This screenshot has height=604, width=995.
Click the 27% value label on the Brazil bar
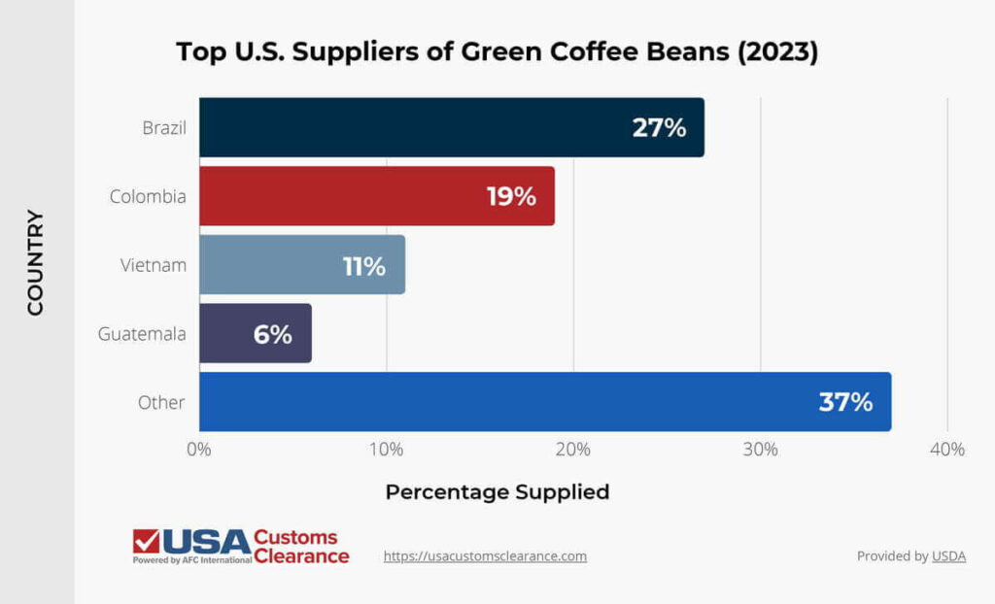(659, 127)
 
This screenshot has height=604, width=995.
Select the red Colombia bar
(377, 196)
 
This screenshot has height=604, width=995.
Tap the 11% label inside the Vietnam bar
(363, 265)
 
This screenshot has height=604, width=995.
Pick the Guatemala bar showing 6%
(256, 334)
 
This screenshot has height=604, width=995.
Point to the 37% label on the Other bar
(845, 402)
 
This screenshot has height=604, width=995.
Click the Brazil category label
(163, 127)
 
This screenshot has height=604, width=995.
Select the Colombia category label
(148, 196)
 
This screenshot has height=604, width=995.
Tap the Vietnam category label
(154, 265)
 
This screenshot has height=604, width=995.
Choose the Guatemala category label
(142, 334)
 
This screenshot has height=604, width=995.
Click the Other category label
(161, 402)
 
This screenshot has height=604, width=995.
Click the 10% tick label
(386, 450)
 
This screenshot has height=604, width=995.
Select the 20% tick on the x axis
(573, 450)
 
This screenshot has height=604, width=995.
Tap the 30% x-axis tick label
(760, 450)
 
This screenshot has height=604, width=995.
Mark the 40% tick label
(947, 450)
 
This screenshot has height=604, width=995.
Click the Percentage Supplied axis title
(497, 492)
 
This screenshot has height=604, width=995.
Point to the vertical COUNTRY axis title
(36, 262)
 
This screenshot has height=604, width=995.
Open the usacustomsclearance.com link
(485, 556)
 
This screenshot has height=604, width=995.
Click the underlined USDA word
(949, 556)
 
